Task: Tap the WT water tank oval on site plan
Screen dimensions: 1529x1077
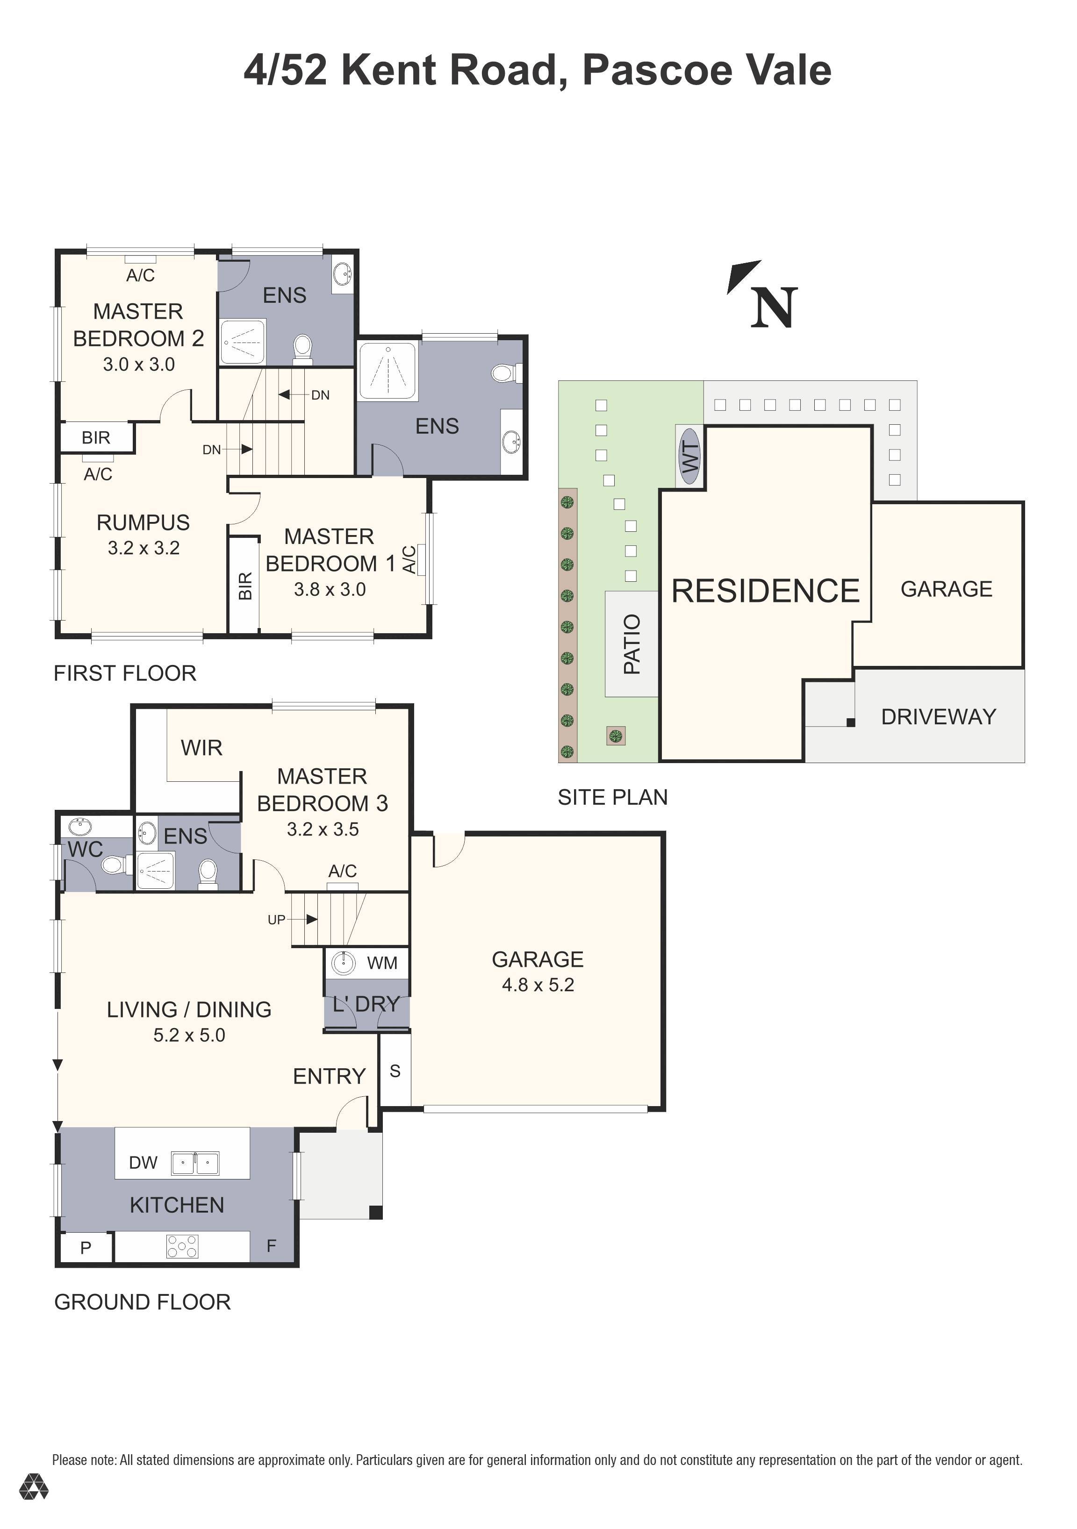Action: pyautogui.click(x=690, y=457)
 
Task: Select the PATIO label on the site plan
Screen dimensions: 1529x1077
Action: pyautogui.click(x=632, y=644)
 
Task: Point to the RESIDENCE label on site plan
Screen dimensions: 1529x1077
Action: pyautogui.click(x=765, y=591)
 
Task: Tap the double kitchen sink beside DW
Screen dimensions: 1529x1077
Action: pyautogui.click(x=195, y=1164)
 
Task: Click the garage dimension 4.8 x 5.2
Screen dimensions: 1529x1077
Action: pyautogui.click(x=538, y=985)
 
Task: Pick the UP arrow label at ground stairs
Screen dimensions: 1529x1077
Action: pyautogui.click(x=276, y=920)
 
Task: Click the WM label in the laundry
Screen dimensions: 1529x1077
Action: pyautogui.click(x=381, y=963)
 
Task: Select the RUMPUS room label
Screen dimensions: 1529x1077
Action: pyautogui.click(x=143, y=523)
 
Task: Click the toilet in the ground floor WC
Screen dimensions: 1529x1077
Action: pyautogui.click(x=113, y=866)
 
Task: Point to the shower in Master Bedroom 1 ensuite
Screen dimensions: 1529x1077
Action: pyautogui.click(x=388, y=371)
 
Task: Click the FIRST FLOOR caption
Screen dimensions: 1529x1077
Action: pyautogui.click(x=124, y=673)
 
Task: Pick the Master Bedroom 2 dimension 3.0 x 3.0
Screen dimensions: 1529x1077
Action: pyautogui.click(x=138, y=364)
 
